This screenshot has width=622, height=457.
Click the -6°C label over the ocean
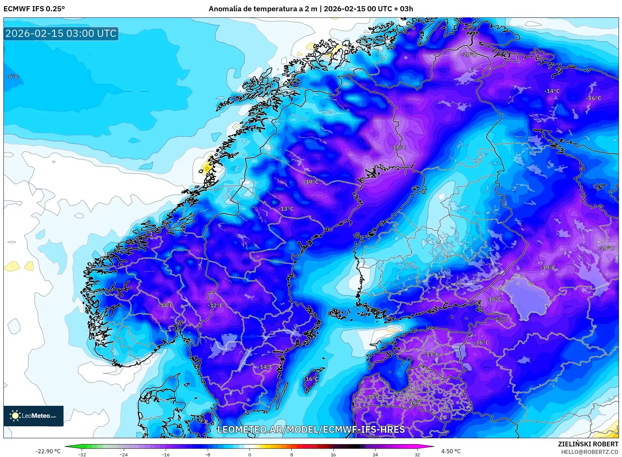point(13,77)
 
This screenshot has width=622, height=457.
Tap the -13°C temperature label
point(286,209)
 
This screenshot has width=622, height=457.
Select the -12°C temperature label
point(215,305)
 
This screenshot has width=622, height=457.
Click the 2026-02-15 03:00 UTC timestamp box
point(61,33)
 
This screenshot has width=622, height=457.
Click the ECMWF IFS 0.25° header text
point(34,9)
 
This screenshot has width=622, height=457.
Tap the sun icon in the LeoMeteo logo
point(15,416)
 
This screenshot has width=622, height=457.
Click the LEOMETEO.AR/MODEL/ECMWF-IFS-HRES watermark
point(311,429)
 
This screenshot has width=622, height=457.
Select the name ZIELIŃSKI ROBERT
point(588,444)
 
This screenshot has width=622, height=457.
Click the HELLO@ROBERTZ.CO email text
point(590,452)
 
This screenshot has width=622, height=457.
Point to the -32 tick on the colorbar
point(82,454)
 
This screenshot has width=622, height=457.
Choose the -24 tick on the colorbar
point(124,454)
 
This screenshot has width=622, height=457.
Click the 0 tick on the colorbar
point(249,454)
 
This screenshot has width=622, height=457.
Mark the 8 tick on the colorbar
point(291,454)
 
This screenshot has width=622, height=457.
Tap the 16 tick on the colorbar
point(333,454)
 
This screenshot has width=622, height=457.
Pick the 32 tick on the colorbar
point(417,454)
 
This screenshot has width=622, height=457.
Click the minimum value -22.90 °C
point(48,451)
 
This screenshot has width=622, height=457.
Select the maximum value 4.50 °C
point(451,451)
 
